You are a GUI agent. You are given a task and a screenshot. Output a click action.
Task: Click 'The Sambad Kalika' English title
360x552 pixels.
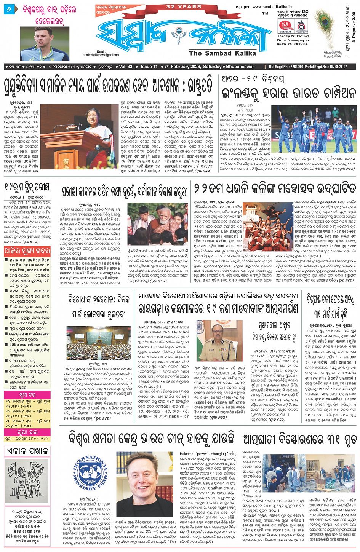click(x=222, y=53)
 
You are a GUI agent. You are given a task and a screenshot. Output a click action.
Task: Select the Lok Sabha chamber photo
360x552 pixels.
click(x=93, y=343)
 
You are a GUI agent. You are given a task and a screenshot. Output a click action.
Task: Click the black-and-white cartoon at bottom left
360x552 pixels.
click(x=26, y=480)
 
